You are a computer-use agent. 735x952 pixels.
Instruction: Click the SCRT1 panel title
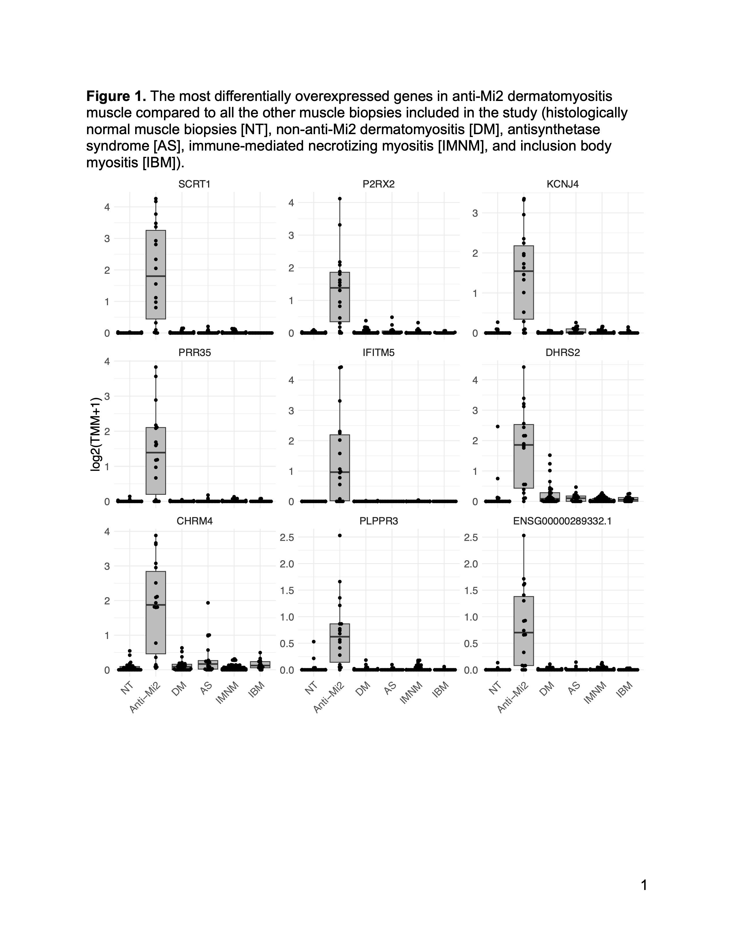194,184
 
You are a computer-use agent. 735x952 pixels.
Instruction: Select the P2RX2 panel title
378,184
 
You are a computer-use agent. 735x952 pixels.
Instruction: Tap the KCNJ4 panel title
563,184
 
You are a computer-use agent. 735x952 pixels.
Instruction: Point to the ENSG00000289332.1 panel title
562,521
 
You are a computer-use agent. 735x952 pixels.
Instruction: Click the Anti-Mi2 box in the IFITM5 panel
340,468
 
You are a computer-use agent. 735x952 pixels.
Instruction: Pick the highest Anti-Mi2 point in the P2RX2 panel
340,199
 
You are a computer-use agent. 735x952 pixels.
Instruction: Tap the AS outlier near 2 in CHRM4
208,603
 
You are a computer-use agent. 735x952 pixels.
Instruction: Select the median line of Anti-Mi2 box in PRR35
155,452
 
